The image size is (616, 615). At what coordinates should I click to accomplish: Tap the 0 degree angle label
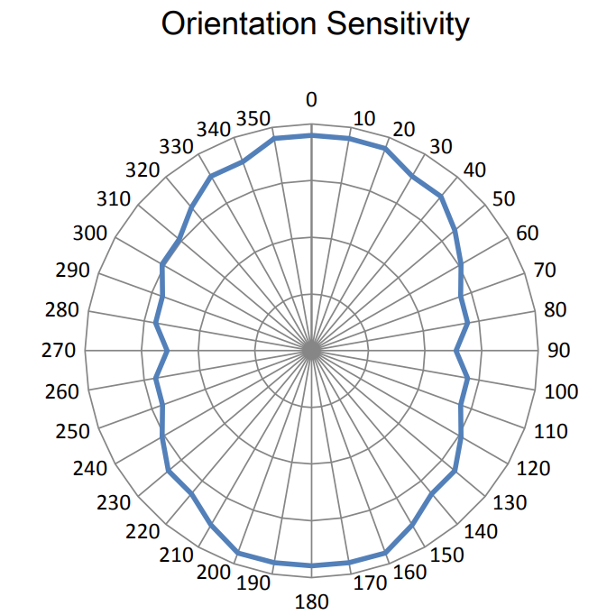click(312, 99)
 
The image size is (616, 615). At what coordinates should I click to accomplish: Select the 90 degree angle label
click(559, 351)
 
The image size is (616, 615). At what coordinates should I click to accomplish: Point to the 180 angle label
click(312, 601)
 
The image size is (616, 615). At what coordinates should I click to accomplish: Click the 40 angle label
click(474, 170)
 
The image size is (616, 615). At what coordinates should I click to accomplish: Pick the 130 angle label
click(510, 502)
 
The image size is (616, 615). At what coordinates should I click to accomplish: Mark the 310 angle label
click(114, 199)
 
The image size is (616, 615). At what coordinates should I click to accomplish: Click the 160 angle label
click(409, 571)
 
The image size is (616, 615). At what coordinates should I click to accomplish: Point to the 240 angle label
click(91, 469)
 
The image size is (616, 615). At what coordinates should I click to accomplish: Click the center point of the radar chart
click(312, 350)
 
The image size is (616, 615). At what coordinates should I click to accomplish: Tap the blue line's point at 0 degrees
click(312, 135)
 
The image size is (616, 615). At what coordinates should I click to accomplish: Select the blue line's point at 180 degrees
click(312, 565)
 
